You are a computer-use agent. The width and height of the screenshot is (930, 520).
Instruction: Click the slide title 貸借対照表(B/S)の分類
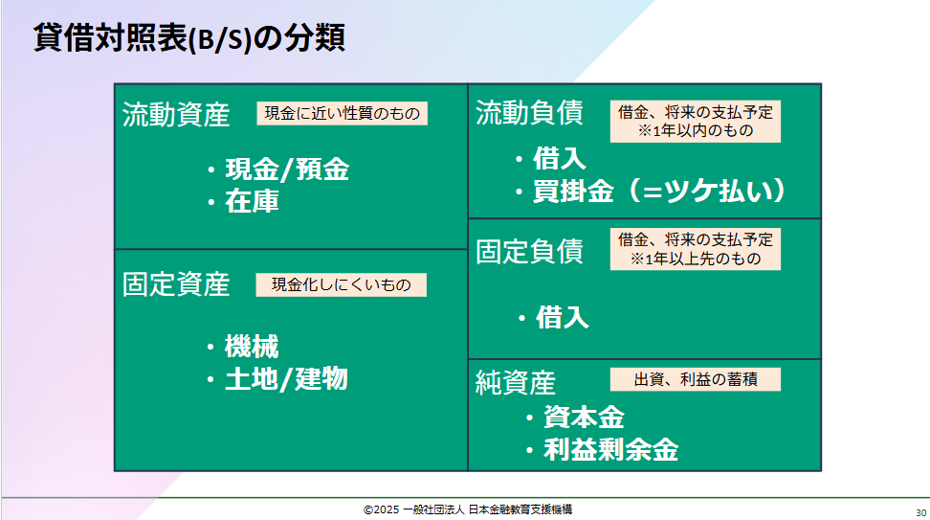point(188,38)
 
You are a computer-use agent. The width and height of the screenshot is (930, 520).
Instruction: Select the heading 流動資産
point(176,115)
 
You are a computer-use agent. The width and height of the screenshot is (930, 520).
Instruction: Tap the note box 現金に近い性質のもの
point(343,113)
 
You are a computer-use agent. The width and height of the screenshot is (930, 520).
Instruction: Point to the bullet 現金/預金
point(287,170)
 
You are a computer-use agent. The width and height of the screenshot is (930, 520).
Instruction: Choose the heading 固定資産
point(176,284)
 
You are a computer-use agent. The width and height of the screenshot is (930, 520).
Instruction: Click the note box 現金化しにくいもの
point(341,285)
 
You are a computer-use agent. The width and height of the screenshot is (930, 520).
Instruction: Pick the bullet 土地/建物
point(286,378)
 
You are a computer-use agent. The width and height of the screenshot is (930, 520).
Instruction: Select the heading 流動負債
point(530,113)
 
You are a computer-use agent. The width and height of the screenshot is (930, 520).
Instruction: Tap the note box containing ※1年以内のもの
point(696,121)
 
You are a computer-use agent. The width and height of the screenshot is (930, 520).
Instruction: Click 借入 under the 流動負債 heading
point(560,159)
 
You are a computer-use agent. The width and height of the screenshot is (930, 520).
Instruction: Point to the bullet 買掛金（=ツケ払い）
point(659,191)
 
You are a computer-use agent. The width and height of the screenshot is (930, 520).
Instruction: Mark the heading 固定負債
point(530,252)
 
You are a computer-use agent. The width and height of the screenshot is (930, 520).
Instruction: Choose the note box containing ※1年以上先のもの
point(696,249)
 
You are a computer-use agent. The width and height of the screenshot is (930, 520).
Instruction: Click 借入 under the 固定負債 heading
point(563,318)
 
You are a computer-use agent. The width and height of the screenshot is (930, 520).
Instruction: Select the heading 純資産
point(516,383)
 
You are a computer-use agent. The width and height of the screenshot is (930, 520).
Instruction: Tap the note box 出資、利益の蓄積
point(696,379)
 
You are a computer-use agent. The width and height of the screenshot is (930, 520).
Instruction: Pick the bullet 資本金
point(585,418)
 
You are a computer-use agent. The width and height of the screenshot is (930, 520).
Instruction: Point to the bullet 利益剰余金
point(611,450)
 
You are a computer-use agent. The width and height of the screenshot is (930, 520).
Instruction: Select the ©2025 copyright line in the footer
point(468,509)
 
